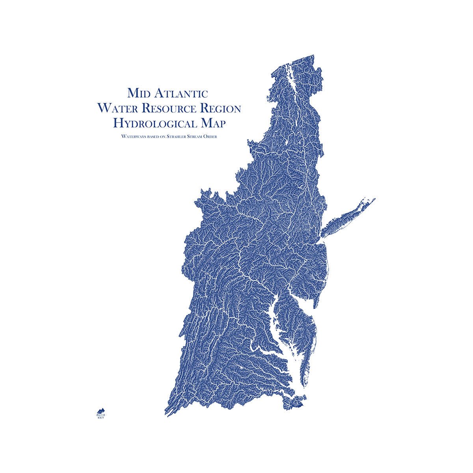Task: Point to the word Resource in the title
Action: click(168, 108)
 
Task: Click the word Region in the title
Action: click(220, 108)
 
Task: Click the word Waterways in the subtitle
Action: click(134, 137)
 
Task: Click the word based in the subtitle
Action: click(153, 137)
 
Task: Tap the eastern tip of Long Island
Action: click(374, 199)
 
